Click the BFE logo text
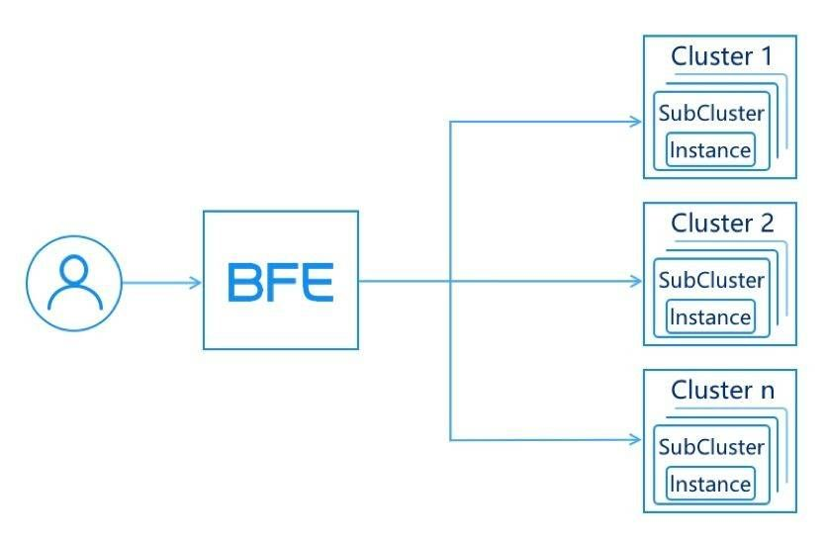point(281,283)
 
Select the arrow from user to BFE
point(161,283)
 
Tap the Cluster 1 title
point(722,56)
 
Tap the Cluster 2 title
point(722,224)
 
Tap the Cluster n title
point(723,391)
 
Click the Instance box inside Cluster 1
point(710,150)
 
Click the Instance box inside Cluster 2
point(710,317)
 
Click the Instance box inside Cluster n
point(710,484)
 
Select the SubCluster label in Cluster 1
point(711,113)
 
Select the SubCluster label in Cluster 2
point(711,280)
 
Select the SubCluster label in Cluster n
point(711,447)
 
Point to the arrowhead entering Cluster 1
point(636,122)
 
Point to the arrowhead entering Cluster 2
point(636,281)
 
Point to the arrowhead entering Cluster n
point(636,439)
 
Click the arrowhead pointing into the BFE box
point(196,283)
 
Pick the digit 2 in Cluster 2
point(767,224)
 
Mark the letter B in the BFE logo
point(244,283)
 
